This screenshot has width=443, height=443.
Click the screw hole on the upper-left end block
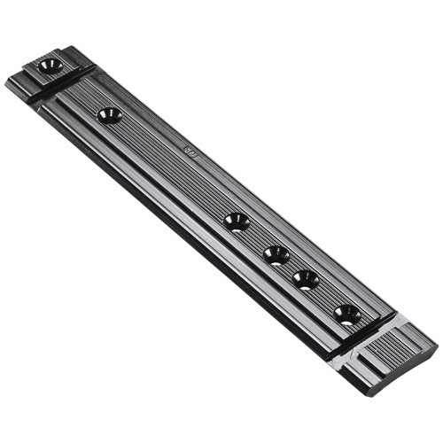pos(50,66)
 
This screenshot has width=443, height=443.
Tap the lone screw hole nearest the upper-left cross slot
pos(110,115)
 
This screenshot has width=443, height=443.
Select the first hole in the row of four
pos(237,221)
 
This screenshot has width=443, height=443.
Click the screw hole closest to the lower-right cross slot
pos(347,314)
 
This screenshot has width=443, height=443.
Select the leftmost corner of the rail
pos(6,82)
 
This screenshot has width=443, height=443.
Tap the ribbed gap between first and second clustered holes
pos(257,238)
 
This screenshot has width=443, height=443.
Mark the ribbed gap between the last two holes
pos(327,297)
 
